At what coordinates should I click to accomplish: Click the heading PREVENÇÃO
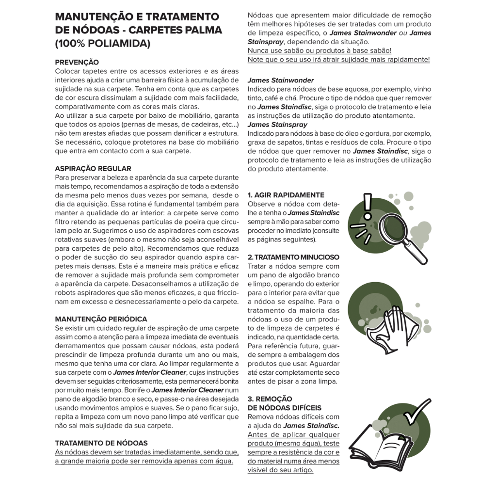[x=77, y=62]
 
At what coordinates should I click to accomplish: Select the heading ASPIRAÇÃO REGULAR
[x=93, y=168]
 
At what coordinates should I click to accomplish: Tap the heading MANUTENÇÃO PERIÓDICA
[x=101, y=319]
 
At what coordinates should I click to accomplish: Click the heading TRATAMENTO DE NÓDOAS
[x=101, y=443]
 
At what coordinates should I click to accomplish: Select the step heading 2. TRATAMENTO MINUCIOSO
[x=293, y=257]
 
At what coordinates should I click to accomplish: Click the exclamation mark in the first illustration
[x=367, y=207]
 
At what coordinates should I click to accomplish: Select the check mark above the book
[x=416, y=412]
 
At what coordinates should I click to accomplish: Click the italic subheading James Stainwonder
[x=281, y=80]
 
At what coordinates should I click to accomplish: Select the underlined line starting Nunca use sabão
[x=320, y=50]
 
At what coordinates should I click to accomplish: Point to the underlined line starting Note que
[x=338, y=59]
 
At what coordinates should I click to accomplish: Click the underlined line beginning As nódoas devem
[x=147, y=452]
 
